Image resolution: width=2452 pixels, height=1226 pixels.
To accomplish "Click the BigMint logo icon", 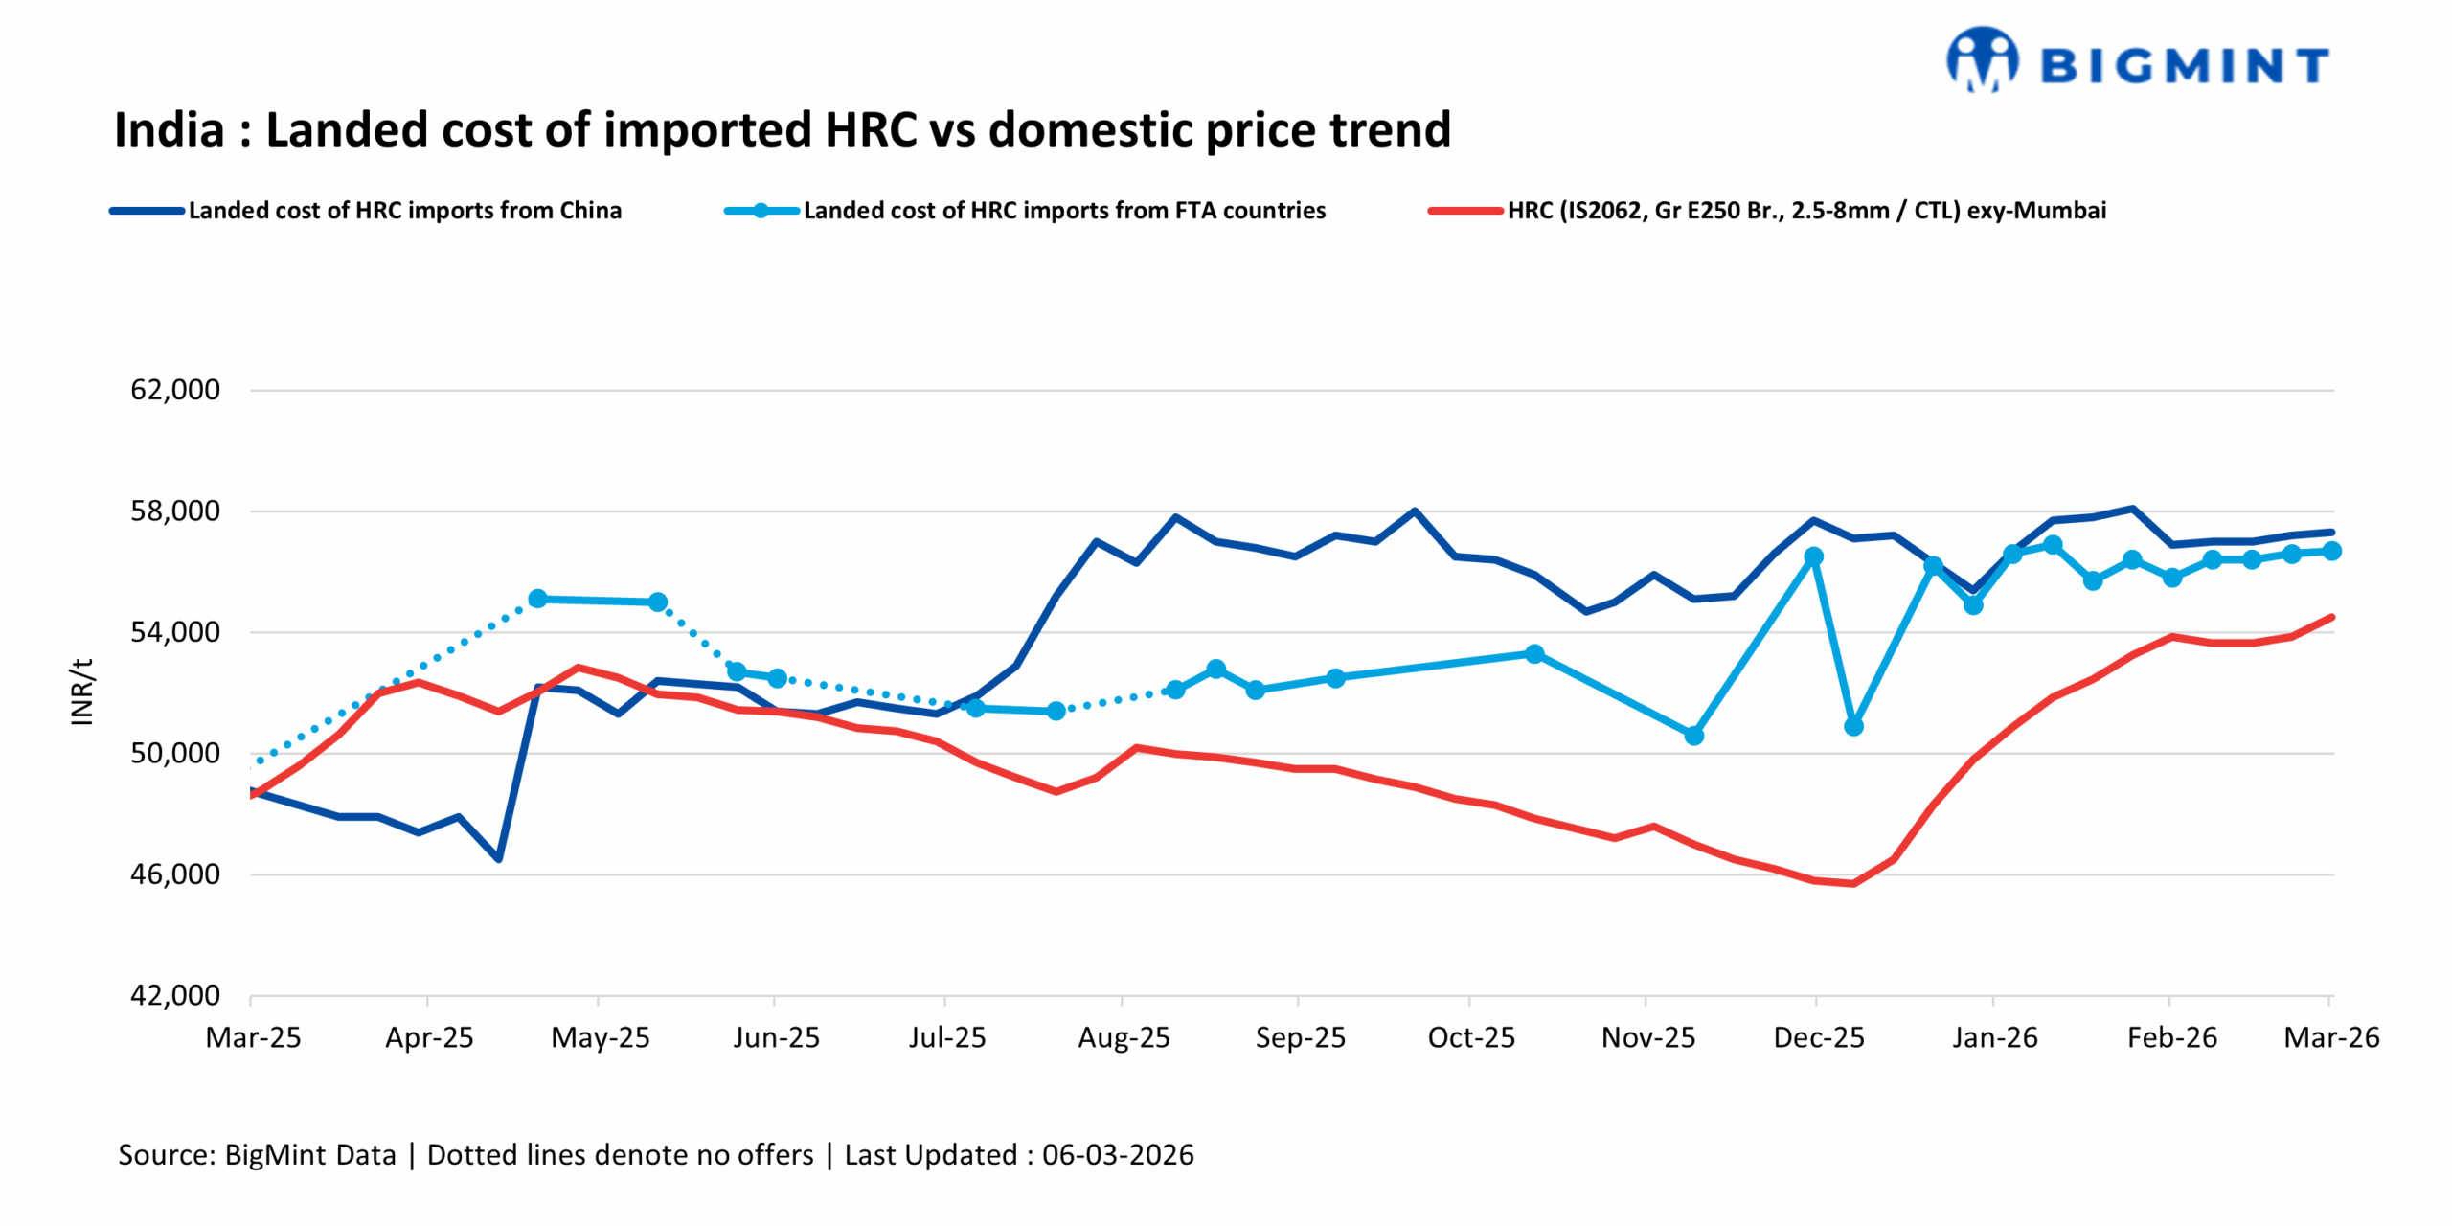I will coord(1981,59).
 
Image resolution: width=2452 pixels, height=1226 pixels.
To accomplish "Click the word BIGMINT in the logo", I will coord(2184,66).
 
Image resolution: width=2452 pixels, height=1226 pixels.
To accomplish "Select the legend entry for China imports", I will coord(404,210).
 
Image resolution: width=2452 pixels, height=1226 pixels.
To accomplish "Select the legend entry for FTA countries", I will coord(1063,210).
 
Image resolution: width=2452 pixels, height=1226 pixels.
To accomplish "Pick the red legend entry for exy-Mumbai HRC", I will coord(1805,210).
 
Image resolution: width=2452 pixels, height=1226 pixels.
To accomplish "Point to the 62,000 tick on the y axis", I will coord(175,390).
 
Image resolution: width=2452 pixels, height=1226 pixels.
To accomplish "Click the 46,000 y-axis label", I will coord(175,874).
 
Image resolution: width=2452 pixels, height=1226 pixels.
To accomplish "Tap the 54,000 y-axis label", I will coord(175,632).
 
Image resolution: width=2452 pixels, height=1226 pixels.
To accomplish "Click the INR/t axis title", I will coord(82,692).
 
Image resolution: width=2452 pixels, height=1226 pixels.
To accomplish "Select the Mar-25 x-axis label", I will coord(253,1037).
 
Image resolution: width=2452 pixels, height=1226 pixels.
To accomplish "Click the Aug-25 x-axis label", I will coord(1124,1037).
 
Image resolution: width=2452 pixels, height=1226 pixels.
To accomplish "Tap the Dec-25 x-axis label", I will coord(1818,1037).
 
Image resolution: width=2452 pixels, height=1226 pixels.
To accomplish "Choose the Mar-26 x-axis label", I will coord(2330,1037).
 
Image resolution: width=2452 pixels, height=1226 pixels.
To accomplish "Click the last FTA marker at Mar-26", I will coord(2331,551).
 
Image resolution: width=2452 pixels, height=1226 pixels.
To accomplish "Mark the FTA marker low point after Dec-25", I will coord(1853,727).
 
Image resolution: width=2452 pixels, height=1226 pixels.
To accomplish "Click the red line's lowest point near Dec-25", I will coord(1853,883).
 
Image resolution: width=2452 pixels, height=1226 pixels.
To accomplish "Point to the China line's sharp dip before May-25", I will coord(499,858).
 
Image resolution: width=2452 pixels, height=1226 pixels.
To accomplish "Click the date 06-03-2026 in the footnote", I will coord(1117,1154).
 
